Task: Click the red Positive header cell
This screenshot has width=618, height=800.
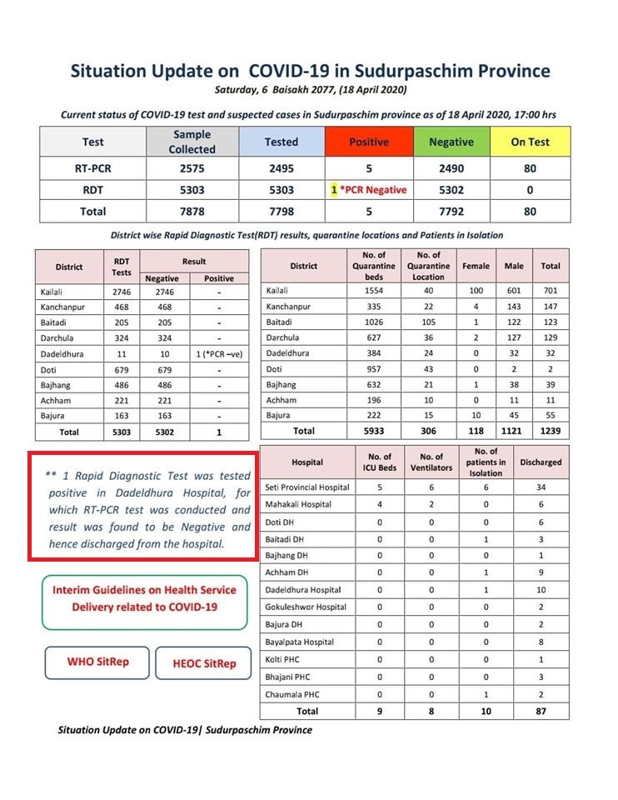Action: pos(369,142)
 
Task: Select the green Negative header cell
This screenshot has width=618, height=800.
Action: pos(451,142)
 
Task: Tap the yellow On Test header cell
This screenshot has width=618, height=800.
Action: pos(530,142)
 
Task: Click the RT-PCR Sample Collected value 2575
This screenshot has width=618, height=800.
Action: pos(192,167)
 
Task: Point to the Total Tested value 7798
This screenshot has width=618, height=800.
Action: pos(282,211)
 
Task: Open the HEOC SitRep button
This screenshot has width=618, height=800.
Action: pos(204,663)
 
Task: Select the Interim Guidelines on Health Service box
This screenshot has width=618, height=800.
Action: pos(144,598)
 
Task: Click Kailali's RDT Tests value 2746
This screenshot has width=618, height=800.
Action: pos(122,292)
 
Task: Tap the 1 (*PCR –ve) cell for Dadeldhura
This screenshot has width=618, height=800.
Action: pos(219,353)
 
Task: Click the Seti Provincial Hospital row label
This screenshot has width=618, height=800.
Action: pos(307,487)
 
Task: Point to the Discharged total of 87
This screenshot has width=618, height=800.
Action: pos(541,711)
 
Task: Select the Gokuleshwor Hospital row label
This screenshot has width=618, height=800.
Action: pos(306,607)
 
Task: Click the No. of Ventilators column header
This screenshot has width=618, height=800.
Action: pos(431,462)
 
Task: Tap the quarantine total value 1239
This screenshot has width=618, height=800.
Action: pos(550,431)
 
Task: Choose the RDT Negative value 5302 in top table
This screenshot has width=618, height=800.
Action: pos(451,189)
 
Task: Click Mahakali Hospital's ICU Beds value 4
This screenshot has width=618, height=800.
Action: pos(380,504)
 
